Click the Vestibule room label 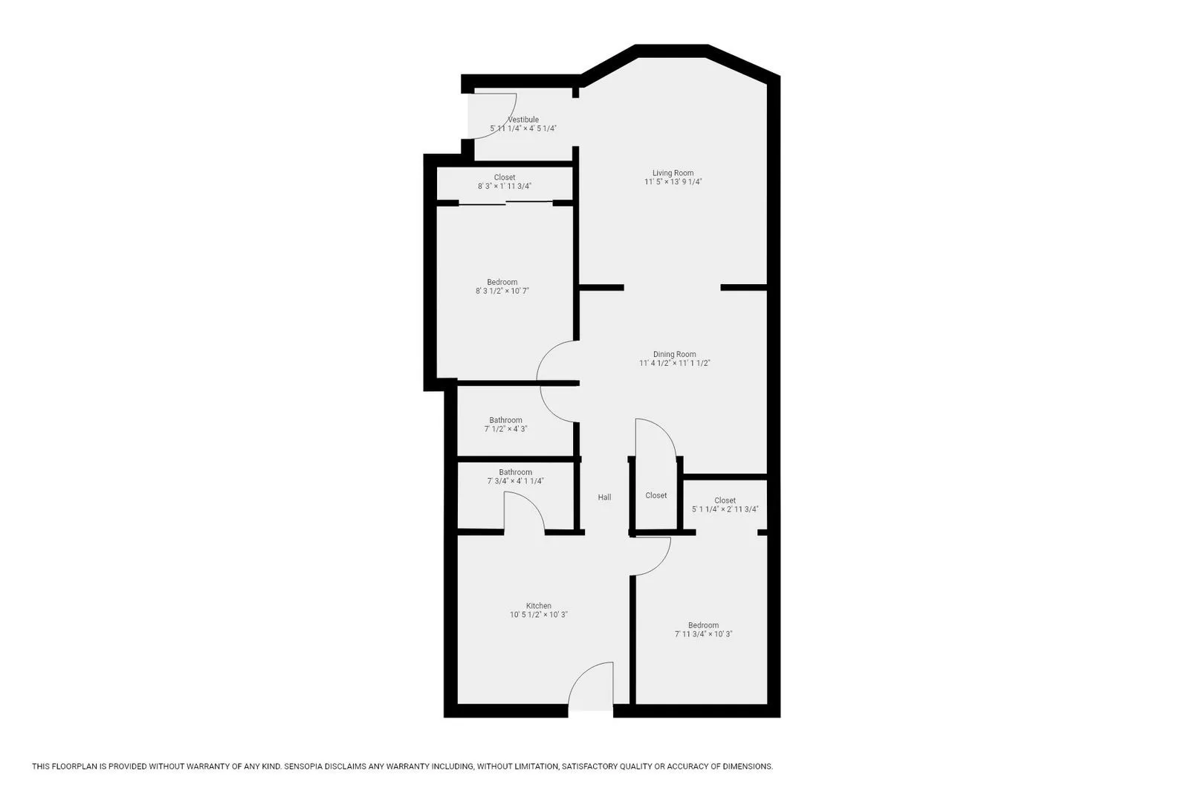523,120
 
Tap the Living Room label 673,173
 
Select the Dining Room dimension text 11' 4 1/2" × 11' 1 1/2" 675,364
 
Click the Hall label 604,497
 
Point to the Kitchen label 539,606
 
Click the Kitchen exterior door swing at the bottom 591,686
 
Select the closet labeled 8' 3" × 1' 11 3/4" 505,182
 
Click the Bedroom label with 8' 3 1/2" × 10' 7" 502,283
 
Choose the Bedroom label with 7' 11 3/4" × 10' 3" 703,625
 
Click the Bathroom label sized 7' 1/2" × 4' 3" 505,420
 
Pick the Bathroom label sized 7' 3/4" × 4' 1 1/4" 515,472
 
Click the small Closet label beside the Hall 656,496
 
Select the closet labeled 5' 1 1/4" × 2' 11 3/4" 725,505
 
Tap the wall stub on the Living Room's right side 743,287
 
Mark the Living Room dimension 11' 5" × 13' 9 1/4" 673,182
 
